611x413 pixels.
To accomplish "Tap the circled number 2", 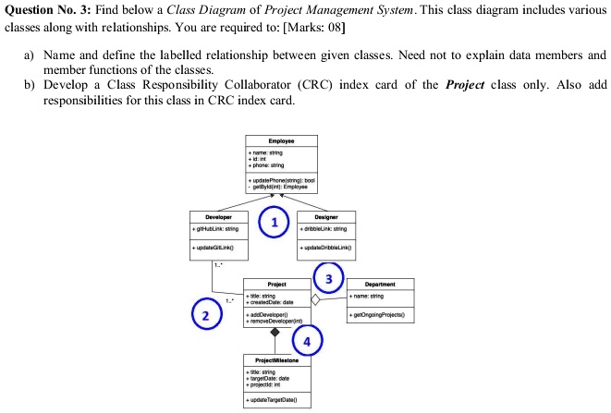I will point(206,317).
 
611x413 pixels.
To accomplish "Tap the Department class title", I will point(380,285).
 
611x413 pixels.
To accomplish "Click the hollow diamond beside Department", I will point(316,300).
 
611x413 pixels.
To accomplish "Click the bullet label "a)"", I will point(29,55).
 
